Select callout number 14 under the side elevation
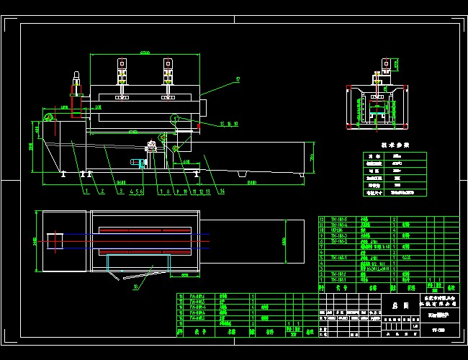(222, 192)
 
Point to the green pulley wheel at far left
(49, 117)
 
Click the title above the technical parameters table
(394, 145)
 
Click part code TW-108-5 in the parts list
(338, 219)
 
